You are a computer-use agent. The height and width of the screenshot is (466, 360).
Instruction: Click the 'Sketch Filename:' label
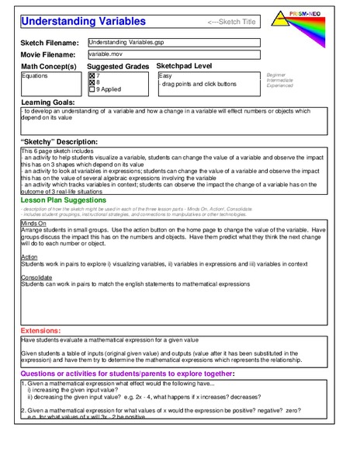click(50, 43)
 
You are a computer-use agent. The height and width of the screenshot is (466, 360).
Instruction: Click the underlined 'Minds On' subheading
click(33, 222)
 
